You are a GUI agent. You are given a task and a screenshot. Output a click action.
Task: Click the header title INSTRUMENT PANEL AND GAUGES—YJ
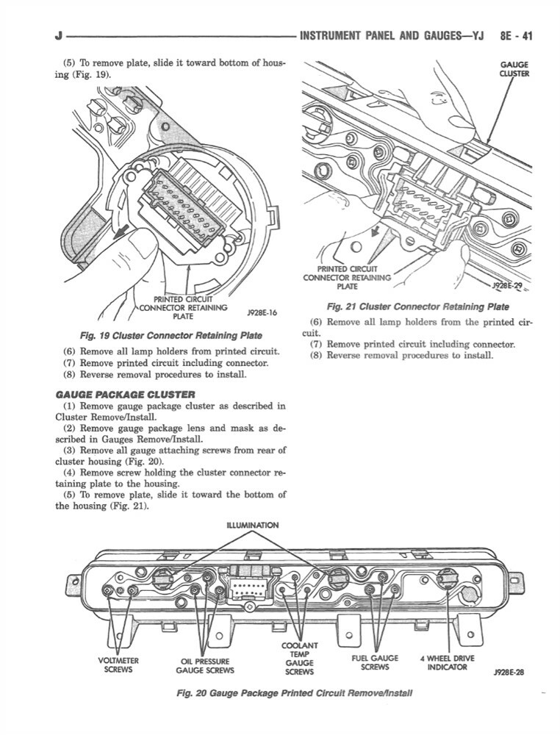pos(392,34)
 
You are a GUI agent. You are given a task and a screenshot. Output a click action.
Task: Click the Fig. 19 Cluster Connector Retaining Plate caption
pos(170,336)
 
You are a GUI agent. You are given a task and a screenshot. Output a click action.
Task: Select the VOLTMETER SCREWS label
pos(118,664)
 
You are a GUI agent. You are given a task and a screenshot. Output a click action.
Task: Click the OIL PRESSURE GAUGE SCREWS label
pos(205,665)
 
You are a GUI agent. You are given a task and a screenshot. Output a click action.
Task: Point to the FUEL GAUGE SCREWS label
pos(375,662)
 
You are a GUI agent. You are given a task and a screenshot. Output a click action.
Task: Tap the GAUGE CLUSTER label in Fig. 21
pos(514,69)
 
